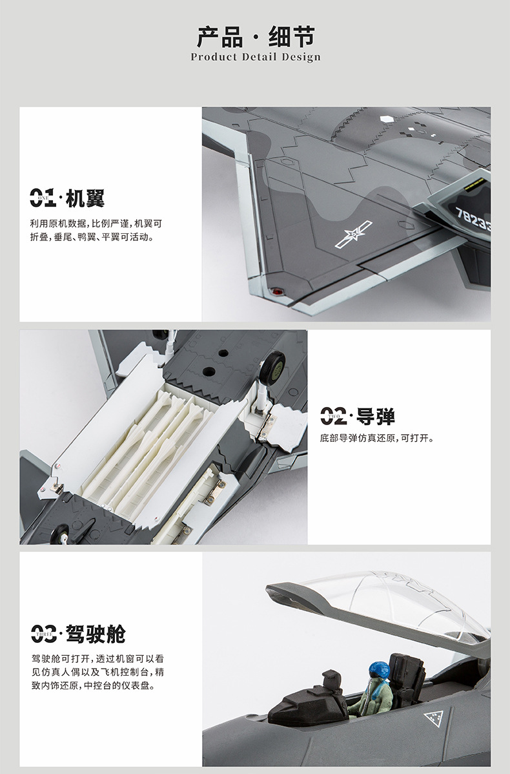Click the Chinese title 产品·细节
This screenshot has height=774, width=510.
pyautogui.click(x=255, y=37)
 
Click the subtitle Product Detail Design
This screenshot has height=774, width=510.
pyautogui.click(x=256, y=58)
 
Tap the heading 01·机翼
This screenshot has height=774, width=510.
pyautogui.click(x=67, y=198)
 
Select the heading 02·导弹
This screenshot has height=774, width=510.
pyautogui.click(x=357, y=417)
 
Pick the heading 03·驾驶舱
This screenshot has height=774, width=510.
pyautogui.click(x=78, y=634)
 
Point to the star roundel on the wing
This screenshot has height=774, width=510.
pyautogui.click(x=353, y=234)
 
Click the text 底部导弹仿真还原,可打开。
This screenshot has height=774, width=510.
pyautogui.click(x=377, y=438)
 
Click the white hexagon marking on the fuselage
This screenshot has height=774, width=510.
pyautogui.click(x=387, y=119)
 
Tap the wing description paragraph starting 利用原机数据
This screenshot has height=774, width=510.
pyautogui.click(x=96, y=230)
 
